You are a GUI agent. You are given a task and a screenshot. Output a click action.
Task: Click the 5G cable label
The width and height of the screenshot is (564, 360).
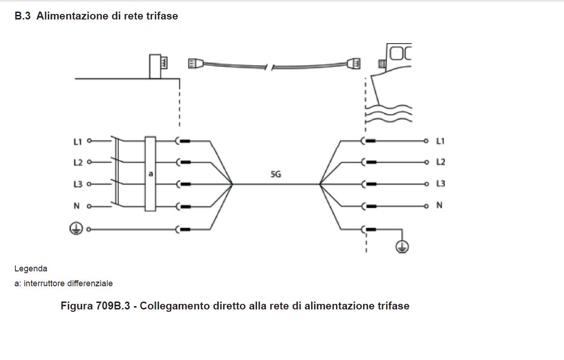pos(276,174)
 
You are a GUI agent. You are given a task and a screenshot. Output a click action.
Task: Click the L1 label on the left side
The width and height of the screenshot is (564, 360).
pos(78,142)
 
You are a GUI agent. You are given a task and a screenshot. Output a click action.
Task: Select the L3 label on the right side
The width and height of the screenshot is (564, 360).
pos(440,183)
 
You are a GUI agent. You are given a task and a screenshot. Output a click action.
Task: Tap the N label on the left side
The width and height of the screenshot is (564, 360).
pos(77,206)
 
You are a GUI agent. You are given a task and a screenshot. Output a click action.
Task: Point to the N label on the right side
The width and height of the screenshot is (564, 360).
pos(439,205)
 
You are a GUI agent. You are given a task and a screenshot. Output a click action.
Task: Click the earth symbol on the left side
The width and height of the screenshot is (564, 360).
pos(76,228)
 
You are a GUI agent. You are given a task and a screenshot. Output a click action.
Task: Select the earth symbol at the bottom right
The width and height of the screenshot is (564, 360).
pos(402,246)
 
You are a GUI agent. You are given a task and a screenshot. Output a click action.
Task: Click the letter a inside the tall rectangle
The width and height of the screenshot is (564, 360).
pos(151,174)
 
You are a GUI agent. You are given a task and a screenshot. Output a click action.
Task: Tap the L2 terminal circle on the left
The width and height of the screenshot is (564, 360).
pos(89,162)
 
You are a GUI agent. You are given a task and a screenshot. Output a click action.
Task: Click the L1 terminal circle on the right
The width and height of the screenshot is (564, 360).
pos(426,141)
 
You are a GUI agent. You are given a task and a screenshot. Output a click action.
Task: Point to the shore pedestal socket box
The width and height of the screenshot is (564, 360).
pos(155,66)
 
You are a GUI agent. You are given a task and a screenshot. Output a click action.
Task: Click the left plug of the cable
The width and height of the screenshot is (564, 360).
pos(196,64)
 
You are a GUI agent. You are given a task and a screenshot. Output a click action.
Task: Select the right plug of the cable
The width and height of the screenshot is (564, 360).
pos(353,64)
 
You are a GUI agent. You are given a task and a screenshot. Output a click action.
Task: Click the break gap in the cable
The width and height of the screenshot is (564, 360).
pos(269,68)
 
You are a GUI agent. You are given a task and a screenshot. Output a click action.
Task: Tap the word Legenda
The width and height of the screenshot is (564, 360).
pos(31,269)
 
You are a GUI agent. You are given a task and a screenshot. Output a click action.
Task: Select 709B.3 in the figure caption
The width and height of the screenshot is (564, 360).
pos(113,306)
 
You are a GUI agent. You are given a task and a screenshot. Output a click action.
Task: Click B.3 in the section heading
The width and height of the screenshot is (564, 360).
pos(23,16)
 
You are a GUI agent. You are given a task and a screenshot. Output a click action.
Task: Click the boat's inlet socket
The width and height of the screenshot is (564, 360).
pos(382,64)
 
